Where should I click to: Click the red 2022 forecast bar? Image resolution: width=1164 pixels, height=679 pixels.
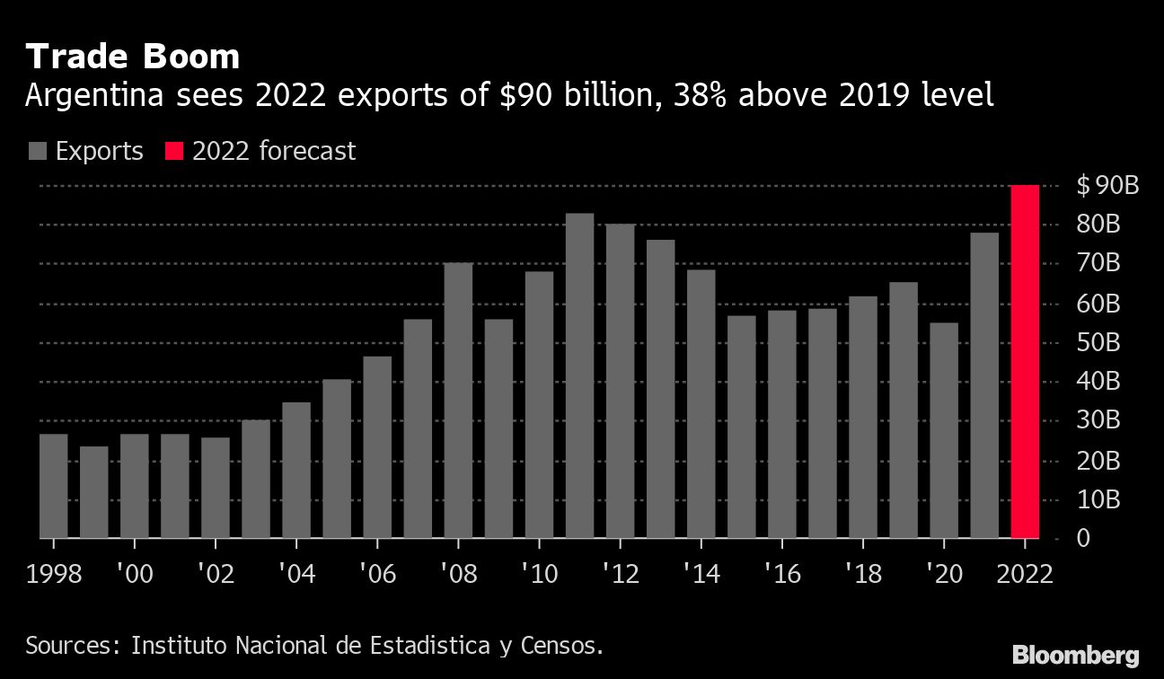pos(1025,361)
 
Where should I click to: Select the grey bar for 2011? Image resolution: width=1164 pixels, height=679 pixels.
pos(580,375)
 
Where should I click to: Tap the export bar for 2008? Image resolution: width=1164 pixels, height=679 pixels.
pos(458,401)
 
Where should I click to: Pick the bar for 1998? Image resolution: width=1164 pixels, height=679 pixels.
pos(54,486)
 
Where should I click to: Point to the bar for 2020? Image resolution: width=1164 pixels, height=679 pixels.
pos(944,430)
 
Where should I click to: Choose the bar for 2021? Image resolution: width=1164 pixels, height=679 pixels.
pos(984,385)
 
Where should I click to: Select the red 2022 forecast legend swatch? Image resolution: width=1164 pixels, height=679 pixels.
pos(174,151)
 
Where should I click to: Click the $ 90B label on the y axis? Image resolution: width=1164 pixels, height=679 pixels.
pos(1107,186)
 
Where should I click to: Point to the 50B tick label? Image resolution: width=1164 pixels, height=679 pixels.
pos(1098,343)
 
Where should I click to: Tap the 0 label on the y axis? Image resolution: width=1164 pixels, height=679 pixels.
pos(1084,538)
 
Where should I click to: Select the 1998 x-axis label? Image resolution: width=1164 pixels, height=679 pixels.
pos(54,574)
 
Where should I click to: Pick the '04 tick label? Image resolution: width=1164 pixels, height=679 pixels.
pos(295,574)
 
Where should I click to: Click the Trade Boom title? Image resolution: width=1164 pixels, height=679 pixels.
pos(133,57)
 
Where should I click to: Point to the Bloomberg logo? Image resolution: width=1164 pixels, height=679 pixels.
pos(1075,655)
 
